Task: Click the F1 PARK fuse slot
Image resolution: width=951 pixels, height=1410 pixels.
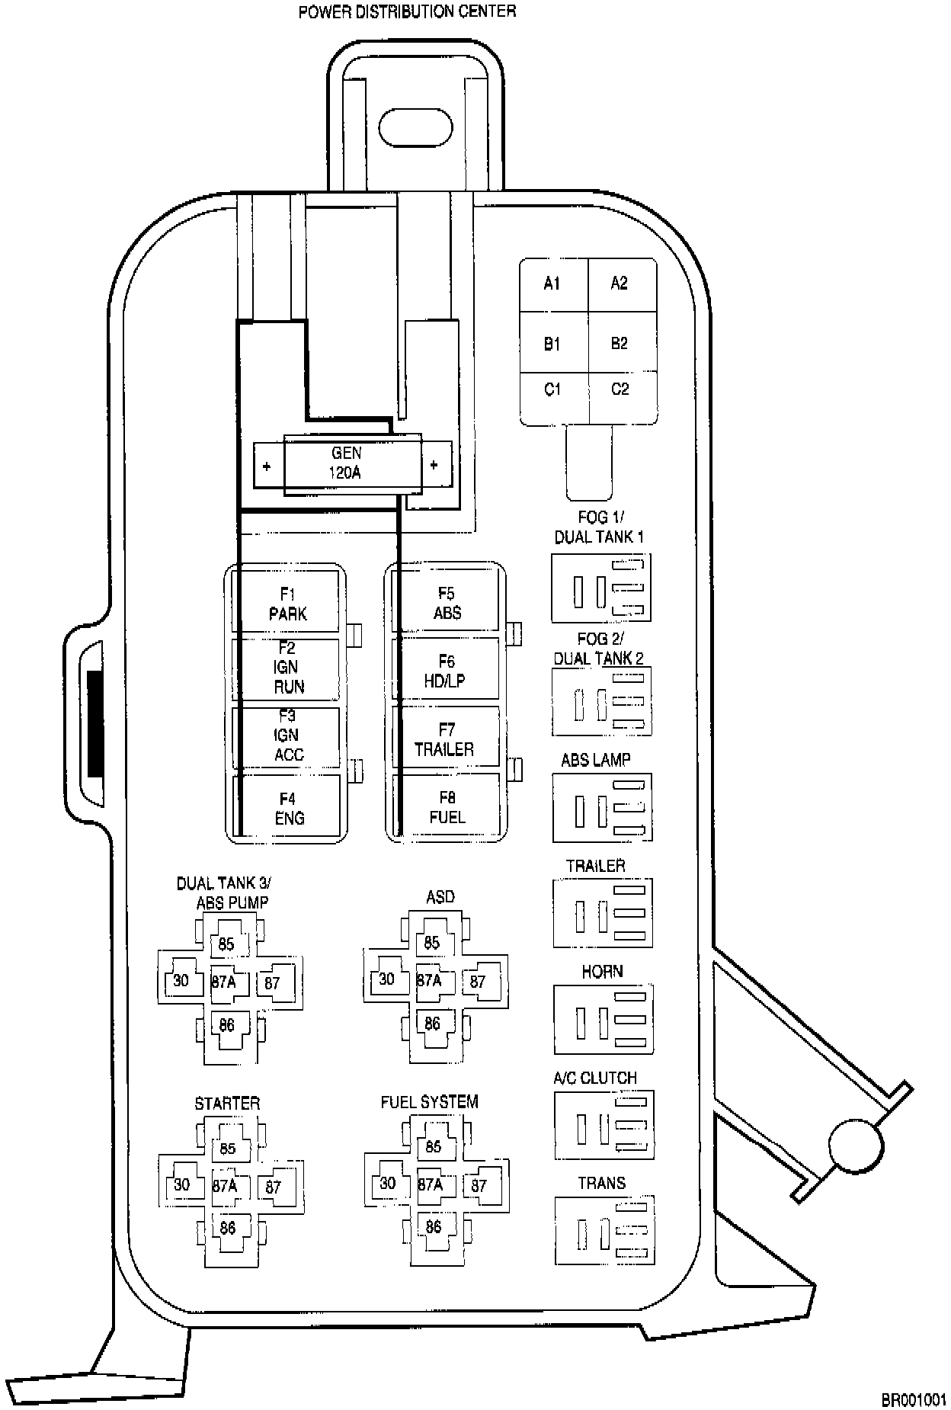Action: coord(287,604)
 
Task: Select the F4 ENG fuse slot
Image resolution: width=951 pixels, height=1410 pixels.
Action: coord(289,808)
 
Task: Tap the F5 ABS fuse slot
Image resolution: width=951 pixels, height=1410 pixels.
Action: coord(447,603)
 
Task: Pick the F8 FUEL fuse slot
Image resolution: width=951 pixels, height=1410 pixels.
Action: coord(447,807)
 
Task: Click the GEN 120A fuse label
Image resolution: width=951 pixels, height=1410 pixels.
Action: coord(346,463)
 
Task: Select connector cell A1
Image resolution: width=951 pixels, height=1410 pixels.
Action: coord(552,284)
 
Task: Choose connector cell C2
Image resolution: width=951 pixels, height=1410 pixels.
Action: coord(620,389)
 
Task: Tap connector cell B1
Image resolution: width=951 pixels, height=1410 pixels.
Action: coord(552,344)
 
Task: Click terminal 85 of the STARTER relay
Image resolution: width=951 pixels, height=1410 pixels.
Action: coord(227,1149)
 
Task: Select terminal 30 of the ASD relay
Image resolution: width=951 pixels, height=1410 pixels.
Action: coord(387,979)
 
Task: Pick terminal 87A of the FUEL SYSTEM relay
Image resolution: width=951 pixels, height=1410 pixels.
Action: coord(431,1184)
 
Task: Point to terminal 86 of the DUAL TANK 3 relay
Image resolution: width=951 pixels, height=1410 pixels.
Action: coord(226,1025)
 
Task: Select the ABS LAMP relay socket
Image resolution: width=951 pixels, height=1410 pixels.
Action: coord(602,808)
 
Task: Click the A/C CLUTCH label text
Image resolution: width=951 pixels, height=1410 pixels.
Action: coord(595,1078)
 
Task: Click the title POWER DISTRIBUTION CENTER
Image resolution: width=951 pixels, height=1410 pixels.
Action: coord(407,11)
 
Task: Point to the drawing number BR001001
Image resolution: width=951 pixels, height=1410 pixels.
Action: coord(913,1399)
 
